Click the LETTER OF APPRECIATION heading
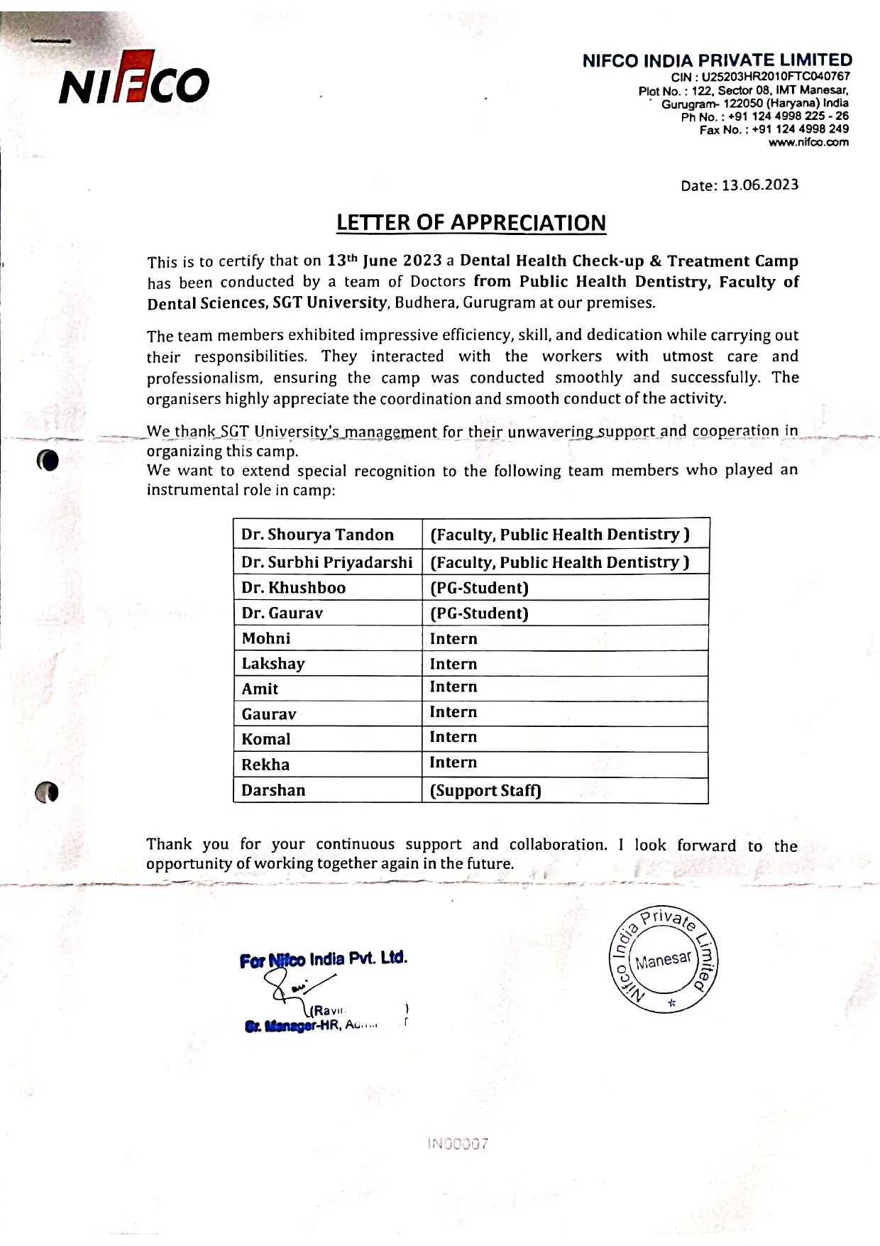pyautogui.click(x=471, y=223)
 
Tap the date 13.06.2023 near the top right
pyautogui.click(x=739, y=185)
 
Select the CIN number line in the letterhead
pyautogui.click(x=760, y=77)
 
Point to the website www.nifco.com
pyautogui.click(x=808, y=143)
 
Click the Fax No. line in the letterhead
pyautogui.click(x=774, y=129)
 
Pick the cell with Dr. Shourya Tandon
pyautogui.click(x=317, y=535)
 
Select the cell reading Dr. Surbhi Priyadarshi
pyautogui.click(x=326, y=562)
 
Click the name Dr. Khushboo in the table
pyautogui.click(x=293, y=588)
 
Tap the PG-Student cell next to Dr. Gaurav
pyautogui.click(x=479, y=613)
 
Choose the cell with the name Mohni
pyautogui.click(x=266, y=638)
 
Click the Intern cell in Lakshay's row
pyautogui.click(x=453, y=664)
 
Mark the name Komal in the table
pyautogui.click(x=266, y=739)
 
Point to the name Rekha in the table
pyautogui.click(x=265, y=765)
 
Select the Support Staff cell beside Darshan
pyautogui.click(x=485, y=791)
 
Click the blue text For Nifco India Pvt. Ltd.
pyautogui.click(x=324, y=960)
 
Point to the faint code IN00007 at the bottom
pyautogui.click(x=458, y=1144)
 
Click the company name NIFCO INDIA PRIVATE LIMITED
pyautogui.click(x=717, y=61)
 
